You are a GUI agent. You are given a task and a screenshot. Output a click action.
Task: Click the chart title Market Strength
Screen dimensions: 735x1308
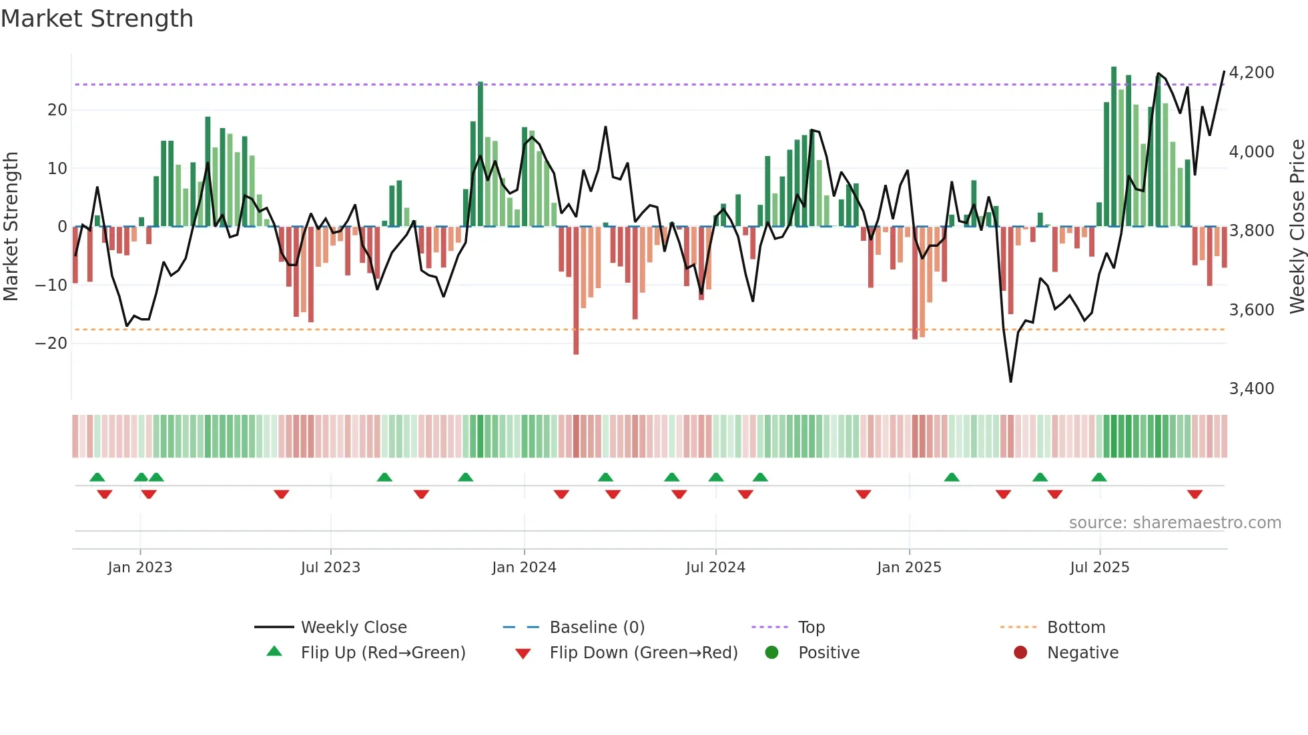(x=97, y=19)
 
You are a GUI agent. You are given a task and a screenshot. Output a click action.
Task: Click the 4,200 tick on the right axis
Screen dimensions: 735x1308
(x=1251, y=72)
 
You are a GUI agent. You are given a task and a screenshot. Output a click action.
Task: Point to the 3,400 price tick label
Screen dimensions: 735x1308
(x=1251, y=388)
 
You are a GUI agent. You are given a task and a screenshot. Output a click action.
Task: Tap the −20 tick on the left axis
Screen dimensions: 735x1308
(x=51, y=343)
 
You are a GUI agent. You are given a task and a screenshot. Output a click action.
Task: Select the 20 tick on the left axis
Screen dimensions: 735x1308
(x=57, y=109)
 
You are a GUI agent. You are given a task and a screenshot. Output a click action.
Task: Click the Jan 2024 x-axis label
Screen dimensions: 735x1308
(x=524, y=567)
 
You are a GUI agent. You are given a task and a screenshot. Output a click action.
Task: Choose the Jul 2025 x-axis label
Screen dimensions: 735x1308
(x=1099, y=567)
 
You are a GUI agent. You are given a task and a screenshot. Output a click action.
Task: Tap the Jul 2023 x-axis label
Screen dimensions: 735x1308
(x=330, y=567)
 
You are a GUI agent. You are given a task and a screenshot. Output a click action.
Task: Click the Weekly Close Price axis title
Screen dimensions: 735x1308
(x=1297, y=226)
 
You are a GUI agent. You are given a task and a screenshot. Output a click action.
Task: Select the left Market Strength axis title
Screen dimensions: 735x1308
(x=11, y=226)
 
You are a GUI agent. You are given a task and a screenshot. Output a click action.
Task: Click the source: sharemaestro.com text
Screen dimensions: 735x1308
(x=1175, y=522)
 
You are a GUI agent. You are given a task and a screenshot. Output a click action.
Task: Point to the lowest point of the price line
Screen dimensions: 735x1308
(x=1011, y=382)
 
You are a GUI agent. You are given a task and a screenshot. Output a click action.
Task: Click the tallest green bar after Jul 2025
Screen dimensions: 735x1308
(x=1114, y=147)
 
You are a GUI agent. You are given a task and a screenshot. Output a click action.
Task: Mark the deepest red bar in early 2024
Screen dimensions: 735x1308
(x=576, y=291)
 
